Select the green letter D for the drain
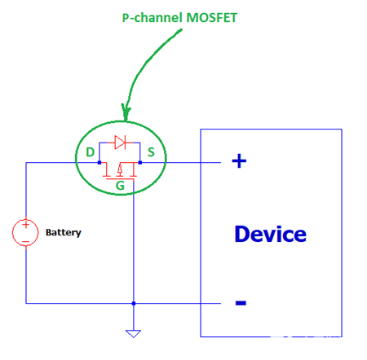click(89, 152)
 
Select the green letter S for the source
click(151, 152)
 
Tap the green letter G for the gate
click(120, 186)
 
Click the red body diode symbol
click(120, 143)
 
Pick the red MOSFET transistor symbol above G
click(119, 169)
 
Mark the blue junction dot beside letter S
click(140, 162)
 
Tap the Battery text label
click(63, 233)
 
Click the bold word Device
click(270, 235)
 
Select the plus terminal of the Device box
click(239, 161)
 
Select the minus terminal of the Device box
click(241, 304)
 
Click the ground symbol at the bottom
click(132, 332)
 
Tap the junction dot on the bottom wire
click(132, 303)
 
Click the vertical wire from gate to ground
click(132, 244)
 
